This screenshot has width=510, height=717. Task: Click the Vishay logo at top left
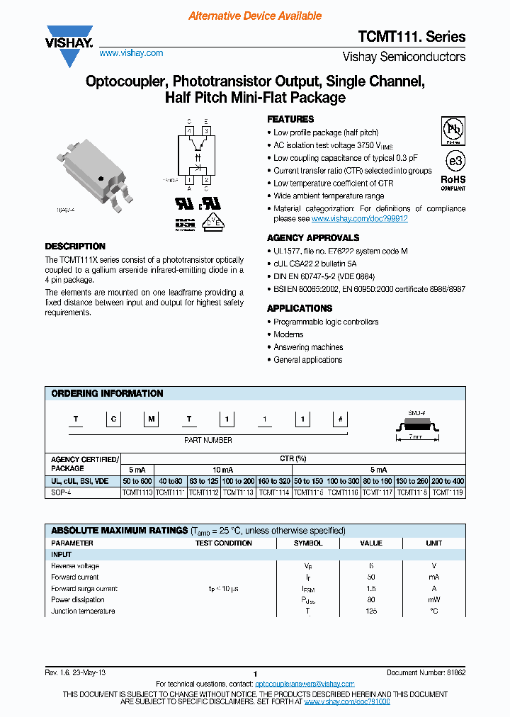coord(69,45)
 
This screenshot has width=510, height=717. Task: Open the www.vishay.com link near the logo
coord(131,53)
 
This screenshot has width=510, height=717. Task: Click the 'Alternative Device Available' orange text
coord(255,16)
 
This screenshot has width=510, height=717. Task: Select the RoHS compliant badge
coord(453,182)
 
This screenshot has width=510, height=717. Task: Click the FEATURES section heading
coord(290,119)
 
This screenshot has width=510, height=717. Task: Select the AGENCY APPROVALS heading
coord(312,238)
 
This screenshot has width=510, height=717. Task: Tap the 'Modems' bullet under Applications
coord(288,334)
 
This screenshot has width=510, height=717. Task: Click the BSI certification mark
coord(185,225)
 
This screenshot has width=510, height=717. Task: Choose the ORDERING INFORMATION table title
coord(107,393)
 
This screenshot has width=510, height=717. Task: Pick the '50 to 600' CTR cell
coord(137,481)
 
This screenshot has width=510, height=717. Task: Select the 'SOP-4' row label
coord(62,492)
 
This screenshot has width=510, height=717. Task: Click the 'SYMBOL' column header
coord(308,543)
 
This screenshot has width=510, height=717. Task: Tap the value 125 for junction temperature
coord(370,611)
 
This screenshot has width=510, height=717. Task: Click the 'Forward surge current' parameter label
coord(84,589)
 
